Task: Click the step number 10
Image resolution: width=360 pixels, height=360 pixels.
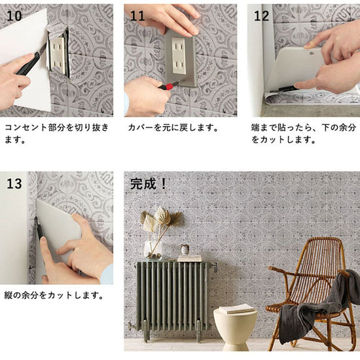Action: (x=14, y=16)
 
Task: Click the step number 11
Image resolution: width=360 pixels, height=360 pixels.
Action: (x=137, y=16)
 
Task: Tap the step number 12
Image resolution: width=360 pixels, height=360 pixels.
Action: (x=261, y=16)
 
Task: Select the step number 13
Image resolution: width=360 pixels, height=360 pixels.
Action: (x=14, y=184)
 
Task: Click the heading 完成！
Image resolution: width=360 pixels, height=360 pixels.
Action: (x=148, y=184)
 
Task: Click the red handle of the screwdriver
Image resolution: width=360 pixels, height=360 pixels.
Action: (x=168, y=86)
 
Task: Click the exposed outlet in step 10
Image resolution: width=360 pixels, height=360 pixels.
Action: (x=58, y=56)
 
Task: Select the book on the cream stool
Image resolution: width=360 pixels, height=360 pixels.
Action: (x=237, y=308)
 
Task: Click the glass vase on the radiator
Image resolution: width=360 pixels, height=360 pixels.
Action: (x=153, y=250)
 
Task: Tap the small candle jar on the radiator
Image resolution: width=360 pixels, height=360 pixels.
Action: (x=185, y=249)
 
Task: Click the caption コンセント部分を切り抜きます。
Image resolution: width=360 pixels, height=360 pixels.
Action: (x=56, y=134)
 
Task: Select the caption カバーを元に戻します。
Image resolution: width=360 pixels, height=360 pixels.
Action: (x=173, y=128)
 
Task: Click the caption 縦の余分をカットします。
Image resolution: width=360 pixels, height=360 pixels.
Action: (x=54, y=295)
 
